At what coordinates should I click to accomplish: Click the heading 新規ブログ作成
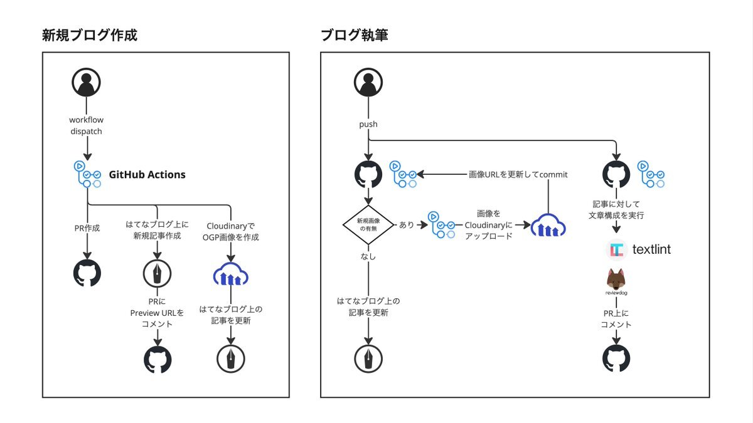coord(90,35)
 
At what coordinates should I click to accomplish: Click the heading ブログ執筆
coord(354,35)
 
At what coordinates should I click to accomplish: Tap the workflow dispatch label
coord(86,125)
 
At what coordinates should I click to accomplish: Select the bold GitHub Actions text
coord(147,175)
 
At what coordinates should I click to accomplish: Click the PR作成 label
coord(87,228)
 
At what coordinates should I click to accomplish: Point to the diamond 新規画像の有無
coord(368,224)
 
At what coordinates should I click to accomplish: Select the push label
coord(368,124)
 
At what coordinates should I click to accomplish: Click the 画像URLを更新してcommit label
coord(518,175)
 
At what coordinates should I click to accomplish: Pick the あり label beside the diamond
coord(407,224)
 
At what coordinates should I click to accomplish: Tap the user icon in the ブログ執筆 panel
coord(368,82)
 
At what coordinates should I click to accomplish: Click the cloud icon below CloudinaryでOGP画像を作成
coord(231,274)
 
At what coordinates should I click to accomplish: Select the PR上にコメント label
coord(616,319)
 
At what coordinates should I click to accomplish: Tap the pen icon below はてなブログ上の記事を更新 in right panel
coord(368,359)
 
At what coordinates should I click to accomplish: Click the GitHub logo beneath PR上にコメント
coord(616,359)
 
